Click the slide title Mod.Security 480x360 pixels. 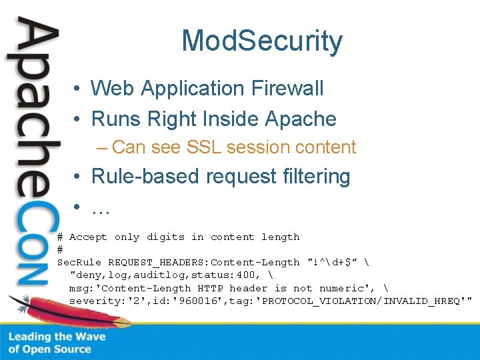click(x=262, y=41)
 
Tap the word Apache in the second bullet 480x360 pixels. click(x=301, y=119)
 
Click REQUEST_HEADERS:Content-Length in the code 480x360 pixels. click(x=204, y=263)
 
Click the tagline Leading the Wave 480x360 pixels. click(x=57, y=337)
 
